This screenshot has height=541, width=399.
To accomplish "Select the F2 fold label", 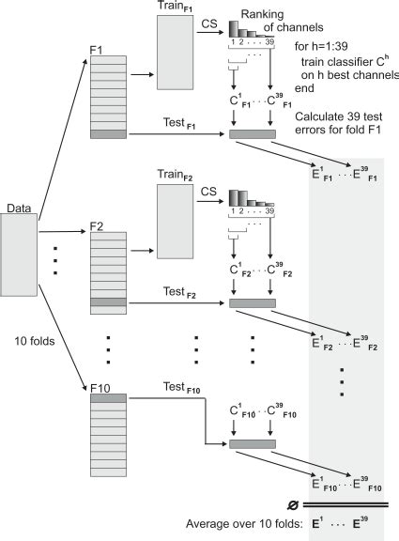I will pos(98,226).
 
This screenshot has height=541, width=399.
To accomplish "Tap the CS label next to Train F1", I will pos(209,29).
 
